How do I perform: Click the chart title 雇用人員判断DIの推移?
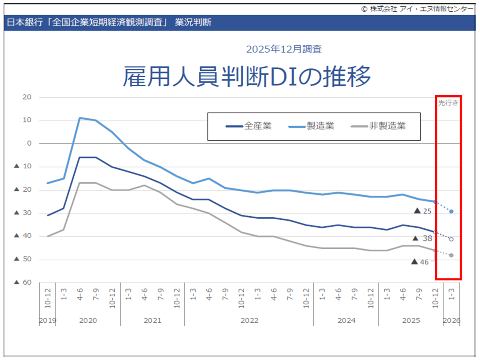click(x=247, y=77)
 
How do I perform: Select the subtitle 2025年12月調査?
click(x=284, y=49)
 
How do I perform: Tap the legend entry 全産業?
click(x=258, y=126)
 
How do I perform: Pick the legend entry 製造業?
click(x=320, y=126)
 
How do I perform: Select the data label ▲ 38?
click(x=423, y=238)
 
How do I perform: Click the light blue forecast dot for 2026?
click(x=452, y=211)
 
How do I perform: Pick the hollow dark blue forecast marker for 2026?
click(x=452, y=239)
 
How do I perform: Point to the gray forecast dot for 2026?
click(x=452, y=255)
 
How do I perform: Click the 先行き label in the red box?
click(x=448, y=102)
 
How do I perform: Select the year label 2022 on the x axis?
click(x=250, y=321)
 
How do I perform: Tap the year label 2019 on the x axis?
click(x=48, y=321)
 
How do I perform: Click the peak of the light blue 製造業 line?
click(x=80, y=118)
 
